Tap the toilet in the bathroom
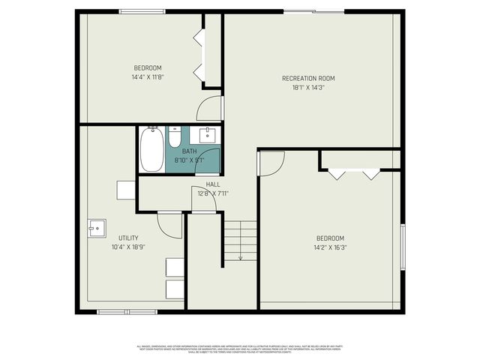point(175,138)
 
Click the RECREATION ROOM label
point(308,78)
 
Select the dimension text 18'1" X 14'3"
point(308,87)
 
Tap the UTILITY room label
point(128,238)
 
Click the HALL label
point(213,184)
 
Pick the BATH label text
point(189,151)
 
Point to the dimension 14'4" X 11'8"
point(147,76)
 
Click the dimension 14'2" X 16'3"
point(330,247)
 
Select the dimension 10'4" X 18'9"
point(128,247)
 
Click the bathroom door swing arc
point(210,162)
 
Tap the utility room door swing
point(171,224)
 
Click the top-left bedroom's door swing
point(210,109)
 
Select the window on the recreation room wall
point(328,10)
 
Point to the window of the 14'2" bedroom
point(402,247)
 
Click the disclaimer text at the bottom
point(238,349)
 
